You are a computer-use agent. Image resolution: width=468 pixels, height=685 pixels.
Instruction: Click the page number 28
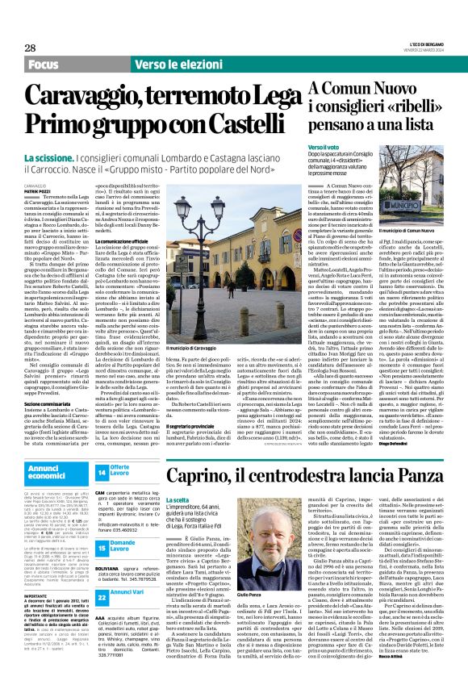point(30,48)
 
